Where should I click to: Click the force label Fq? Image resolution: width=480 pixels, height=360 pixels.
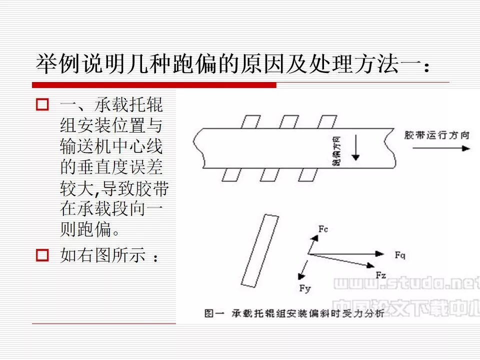click(x=399, y=255)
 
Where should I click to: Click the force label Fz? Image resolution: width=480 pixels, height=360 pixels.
click(x=380, y=274)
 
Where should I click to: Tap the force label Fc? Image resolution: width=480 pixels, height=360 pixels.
click(x=323, y=229)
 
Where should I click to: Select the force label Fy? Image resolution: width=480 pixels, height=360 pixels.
click(x=304, y=288)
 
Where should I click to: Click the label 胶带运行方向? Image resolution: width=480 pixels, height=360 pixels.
click(x=437, y=135)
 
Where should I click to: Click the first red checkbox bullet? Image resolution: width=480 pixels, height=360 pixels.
click(x=42, y=105)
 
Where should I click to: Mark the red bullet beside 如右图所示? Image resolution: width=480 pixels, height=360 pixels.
click(x=42, y=255)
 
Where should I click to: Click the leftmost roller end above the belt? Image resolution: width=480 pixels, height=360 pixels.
click(x=249, y=121)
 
